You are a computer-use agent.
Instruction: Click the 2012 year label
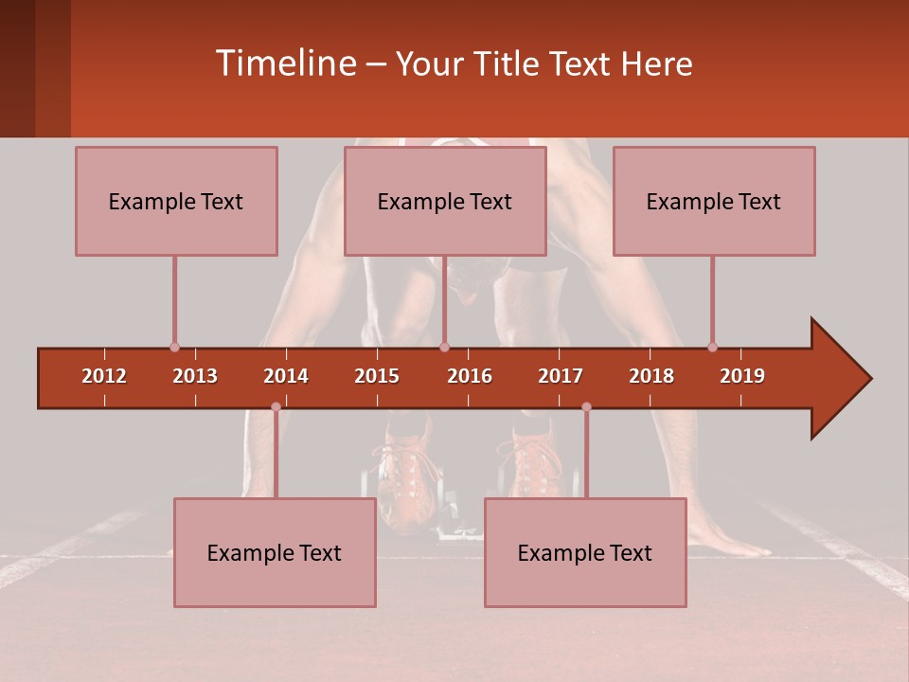tap(104, 376)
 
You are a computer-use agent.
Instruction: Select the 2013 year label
tap(195, 376)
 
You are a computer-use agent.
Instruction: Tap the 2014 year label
tap(286, 376)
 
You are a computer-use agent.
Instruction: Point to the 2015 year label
tap(377, 376)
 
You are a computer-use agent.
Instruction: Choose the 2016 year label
tap(470, 376)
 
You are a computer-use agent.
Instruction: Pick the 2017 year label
tap(561, 376)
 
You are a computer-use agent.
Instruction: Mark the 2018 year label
tap(651, 376)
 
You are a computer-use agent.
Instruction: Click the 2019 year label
tap(742, 376)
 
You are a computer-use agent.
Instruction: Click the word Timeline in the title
tap(285, 63)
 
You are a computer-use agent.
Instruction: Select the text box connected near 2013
tap(176, 201)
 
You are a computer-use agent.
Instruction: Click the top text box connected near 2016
tap(445, 201)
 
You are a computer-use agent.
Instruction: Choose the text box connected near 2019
tap(714, 201)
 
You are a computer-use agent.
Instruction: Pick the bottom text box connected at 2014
tap(275, 552)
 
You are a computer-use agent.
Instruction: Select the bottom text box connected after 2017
tap(585, 552)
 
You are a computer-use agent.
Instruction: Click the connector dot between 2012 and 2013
tap(174, 347)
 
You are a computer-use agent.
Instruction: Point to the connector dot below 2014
tap(276, 407)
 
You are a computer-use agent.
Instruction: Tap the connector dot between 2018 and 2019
tap(712, 347)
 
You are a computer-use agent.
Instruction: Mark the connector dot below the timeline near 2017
tap(586, 407)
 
